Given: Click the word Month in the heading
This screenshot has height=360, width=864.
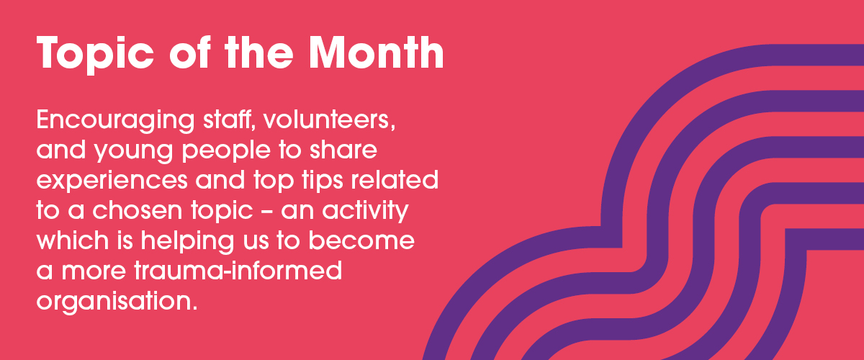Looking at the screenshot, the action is pos(376,53).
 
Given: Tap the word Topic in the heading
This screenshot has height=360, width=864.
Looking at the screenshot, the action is pos(95,55).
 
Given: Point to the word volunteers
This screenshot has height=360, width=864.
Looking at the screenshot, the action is pos(330,120).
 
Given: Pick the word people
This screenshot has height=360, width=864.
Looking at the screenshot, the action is pos(226,150).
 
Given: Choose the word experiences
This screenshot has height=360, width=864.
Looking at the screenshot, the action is pos(112,181).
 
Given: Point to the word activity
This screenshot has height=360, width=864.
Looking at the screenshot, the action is pos(365,212).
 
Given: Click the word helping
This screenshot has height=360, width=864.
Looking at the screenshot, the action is pos(187,241).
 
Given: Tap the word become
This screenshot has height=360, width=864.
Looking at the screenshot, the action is pos(361,240).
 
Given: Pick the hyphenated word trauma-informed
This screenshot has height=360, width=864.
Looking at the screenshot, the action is pos(238,270).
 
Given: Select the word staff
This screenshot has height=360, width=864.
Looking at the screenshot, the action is pos(229,120).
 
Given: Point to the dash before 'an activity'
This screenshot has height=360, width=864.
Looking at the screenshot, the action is pos(266,211).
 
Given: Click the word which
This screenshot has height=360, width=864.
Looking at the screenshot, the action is pos(73,240).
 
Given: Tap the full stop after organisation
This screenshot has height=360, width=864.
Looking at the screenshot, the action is pos(195,308).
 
